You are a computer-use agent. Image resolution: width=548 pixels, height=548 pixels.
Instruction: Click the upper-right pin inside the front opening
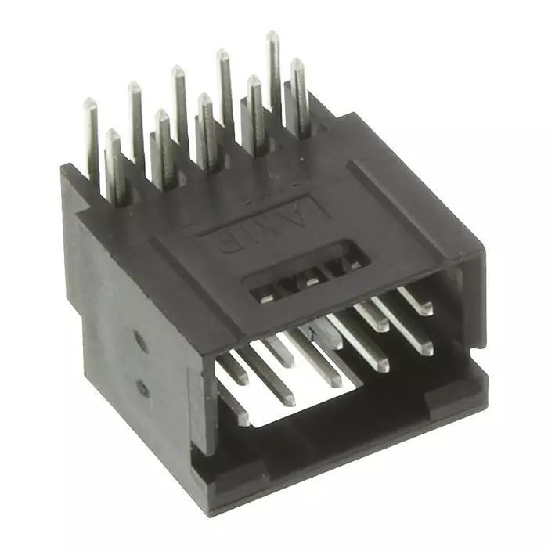(x=415, y=301)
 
